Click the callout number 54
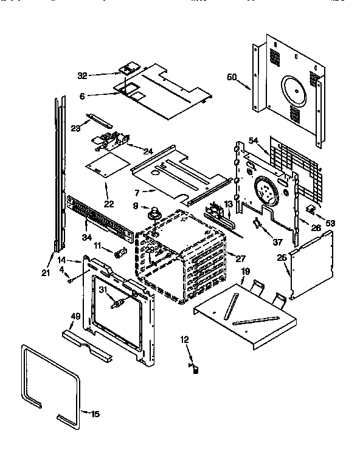(x=253, y=141)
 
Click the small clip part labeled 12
(x=196, y=367)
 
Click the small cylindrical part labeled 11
(x=120, y=252)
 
